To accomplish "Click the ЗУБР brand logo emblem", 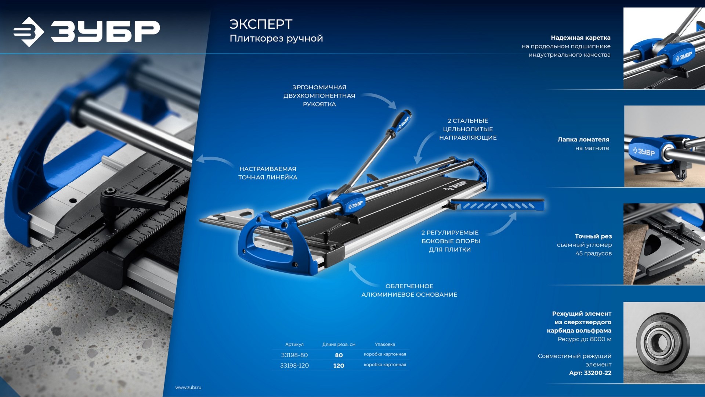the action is [x=29, y=32].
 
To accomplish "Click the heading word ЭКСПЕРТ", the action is [x=261, y=24].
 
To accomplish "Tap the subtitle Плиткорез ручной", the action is [x=276, y=39].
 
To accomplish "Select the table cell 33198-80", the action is [x=294, y=355].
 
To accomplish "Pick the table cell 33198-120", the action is [x=294, y=365].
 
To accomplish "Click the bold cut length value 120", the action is [x=339, y=366].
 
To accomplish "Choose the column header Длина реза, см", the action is [x=339, y=344].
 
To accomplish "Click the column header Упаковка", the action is [x=385, y=344].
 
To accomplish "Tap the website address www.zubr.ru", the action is [x=188, y=387].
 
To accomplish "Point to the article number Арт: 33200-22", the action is [x=590, y=373].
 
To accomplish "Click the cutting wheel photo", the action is [x=664, y=343].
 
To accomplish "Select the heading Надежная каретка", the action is [x=581, y=37].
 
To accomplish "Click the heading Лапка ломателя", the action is [x=583, y=139].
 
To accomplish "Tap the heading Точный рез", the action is [x=593, y=236].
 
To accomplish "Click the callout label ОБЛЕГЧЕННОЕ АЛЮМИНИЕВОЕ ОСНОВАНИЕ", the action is [x=409, y=290].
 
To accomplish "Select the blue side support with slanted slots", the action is [x=498, y=205].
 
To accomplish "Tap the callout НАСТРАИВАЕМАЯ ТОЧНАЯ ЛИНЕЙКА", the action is [x=268, y=173].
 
